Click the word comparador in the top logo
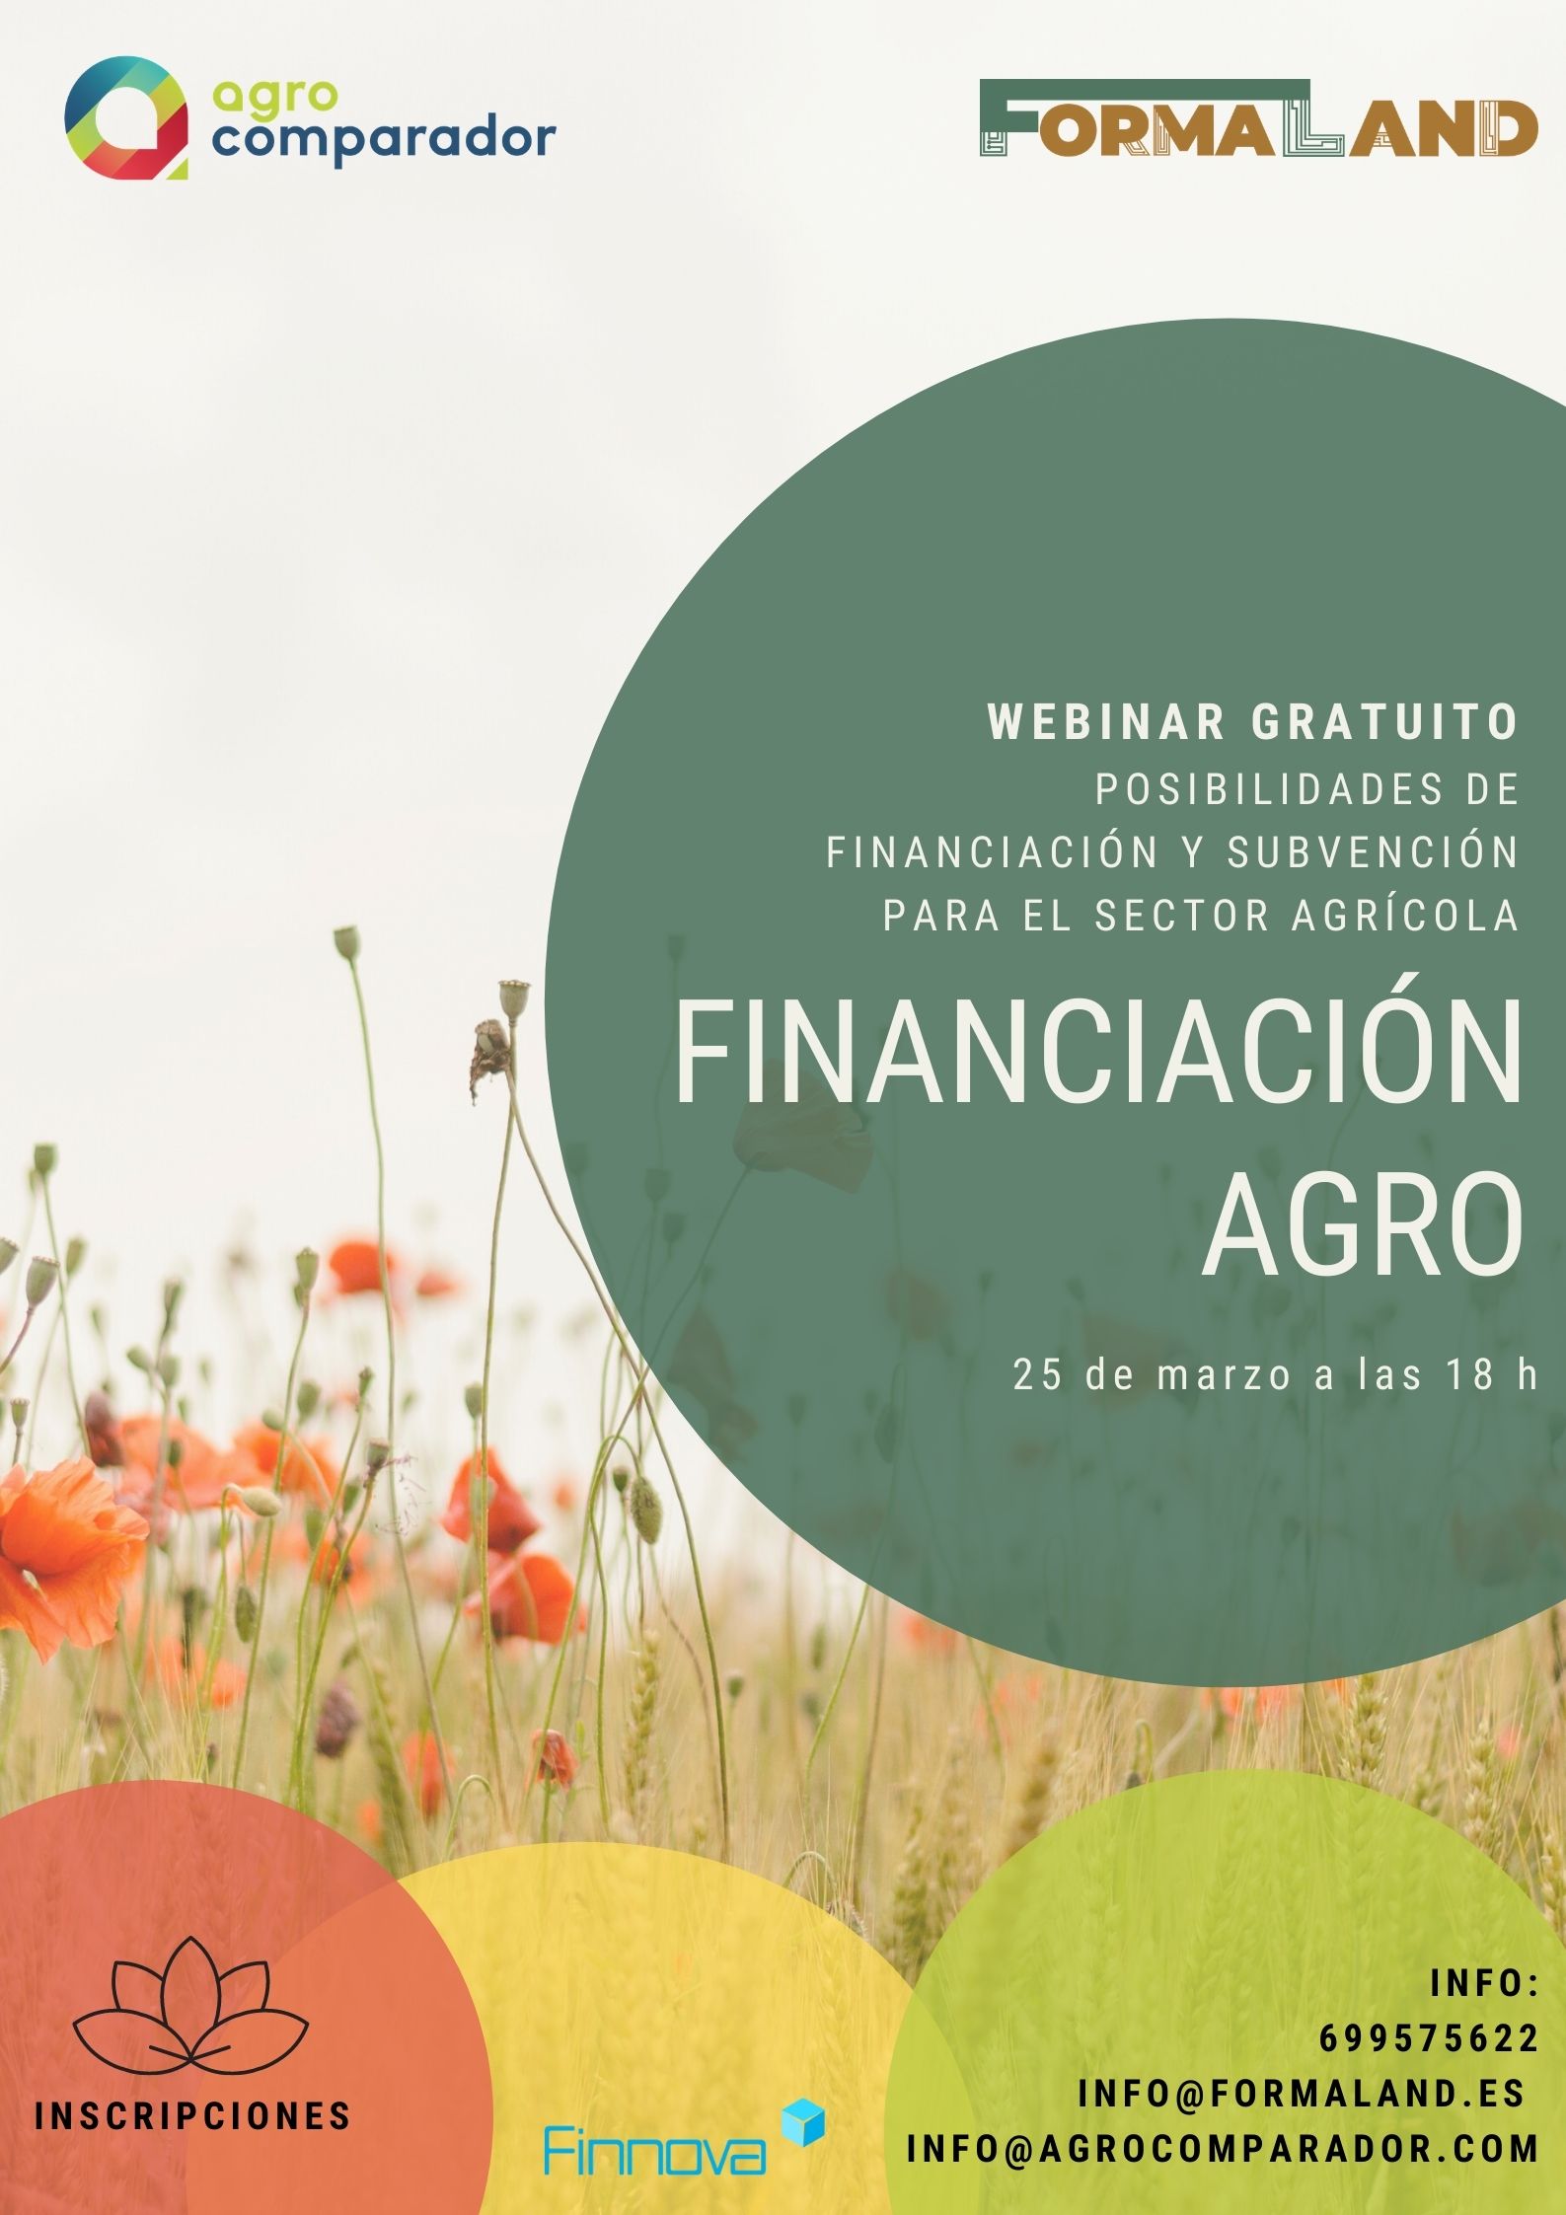(x=384, y=140)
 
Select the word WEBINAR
(x=1106, y=722)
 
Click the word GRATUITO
(x=1385, y=722)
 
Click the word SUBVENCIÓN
(x=1373, y=852)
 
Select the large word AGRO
(x=1363, y=1226)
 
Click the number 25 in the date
(x=1036, y=1375)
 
